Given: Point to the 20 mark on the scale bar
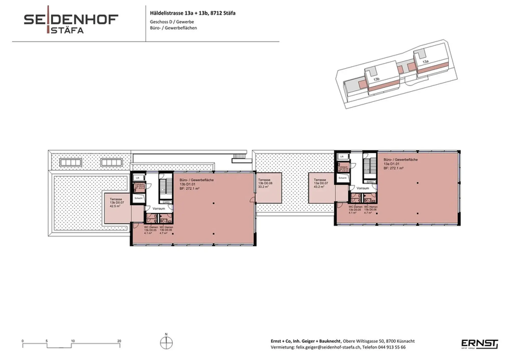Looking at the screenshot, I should [x=119, y=341].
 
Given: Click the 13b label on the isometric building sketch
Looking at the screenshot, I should [x=377, y=79].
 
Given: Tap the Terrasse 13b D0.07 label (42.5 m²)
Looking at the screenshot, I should [x=117, y=202].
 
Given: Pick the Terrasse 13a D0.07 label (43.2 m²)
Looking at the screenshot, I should [x=321, y=184].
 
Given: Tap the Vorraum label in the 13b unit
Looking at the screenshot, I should [x=159, y=209].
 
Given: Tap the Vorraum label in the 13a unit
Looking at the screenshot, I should [x=363, y=189].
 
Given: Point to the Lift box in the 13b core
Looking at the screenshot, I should [x=138, y=177].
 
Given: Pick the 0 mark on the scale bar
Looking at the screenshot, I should [x=23, y=341].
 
